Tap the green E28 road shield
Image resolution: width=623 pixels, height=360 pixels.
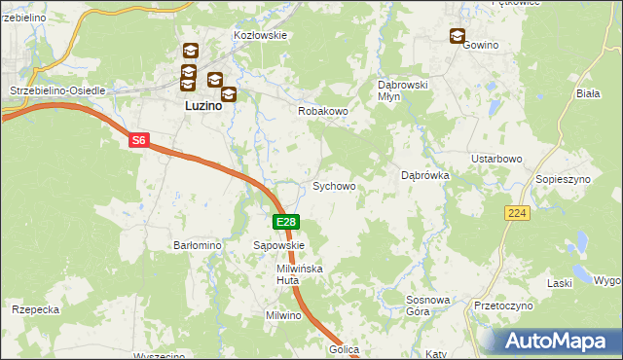pos(284,223)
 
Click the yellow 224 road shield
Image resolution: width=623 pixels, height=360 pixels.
pos(517,213)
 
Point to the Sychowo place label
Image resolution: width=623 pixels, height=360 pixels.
pos(333,186)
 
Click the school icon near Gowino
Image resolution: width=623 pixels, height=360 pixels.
pos(458,37)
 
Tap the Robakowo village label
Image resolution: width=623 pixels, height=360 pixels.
pos(322,112)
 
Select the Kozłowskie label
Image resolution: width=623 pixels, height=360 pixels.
pos(260,35)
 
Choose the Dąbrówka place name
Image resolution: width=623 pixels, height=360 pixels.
pos(424,176)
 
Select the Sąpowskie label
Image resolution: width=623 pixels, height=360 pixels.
pos(279,246)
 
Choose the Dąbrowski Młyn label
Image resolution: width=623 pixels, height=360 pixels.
pos(403,90)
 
